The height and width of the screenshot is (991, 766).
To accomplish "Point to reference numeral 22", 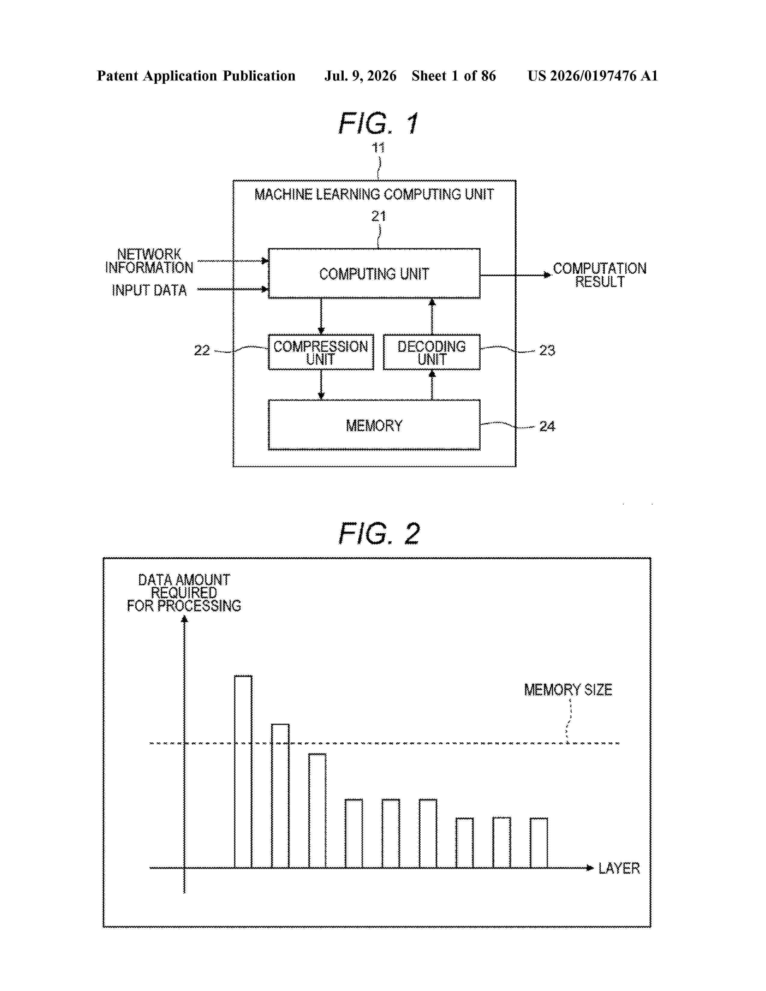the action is [202, 350].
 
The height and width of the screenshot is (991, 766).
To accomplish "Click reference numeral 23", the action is [547, 350].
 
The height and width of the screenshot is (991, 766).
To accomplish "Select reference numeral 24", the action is [547, 426].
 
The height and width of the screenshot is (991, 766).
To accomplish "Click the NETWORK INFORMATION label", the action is [149, 261].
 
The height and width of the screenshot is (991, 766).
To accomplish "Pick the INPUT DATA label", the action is [149, 290].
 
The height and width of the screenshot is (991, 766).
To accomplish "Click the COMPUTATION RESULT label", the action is [600, 275].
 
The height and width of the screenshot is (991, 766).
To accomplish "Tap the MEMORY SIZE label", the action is [568, 690].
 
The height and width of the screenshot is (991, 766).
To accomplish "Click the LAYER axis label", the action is [619, 868].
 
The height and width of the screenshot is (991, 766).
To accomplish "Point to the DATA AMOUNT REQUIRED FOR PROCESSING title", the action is [184, 592].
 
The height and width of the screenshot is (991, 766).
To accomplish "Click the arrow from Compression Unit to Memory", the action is [321, 385].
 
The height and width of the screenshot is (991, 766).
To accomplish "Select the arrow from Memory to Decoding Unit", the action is [432, 385].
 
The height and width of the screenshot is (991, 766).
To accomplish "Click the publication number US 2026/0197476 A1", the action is [593, 76].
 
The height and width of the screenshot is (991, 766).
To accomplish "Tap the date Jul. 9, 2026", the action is [360, 76].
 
